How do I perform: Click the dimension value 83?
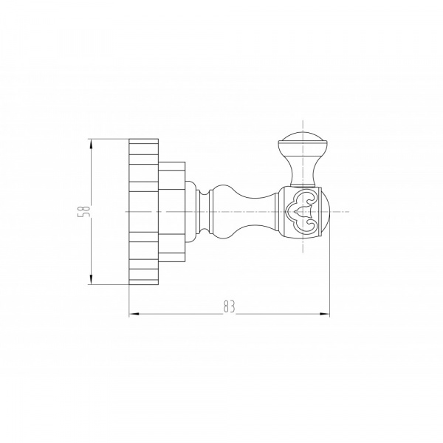pyautogui.click(x=229, y=306)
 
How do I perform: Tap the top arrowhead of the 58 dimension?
pyautogui.click(x=91, y=144)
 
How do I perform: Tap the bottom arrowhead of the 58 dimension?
pyautogui.click(x=91, y=279)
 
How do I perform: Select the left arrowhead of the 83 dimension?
pyautogui.click(x=134, y=314)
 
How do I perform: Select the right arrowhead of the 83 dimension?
pyautogui.click(x=325, y=314)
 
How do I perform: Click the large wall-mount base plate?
pyautogui.click(x=143, y=212)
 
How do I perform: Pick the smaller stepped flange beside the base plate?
pyautogui.click(x=172, y=212)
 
